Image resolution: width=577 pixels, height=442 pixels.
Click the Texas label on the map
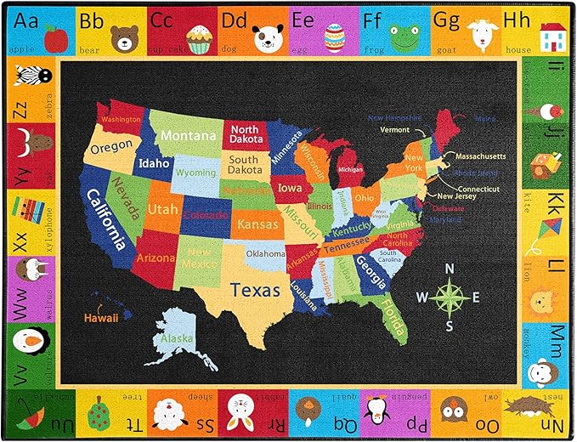pos(255,290)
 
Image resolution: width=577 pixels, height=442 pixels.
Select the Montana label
pos(189,135)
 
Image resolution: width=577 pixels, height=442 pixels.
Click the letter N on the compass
pos(450,270)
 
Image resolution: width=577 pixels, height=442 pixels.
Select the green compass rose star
pos(450,297)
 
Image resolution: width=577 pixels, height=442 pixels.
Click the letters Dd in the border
pos(234,20)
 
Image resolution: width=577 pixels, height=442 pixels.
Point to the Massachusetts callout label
pos(480,156)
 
